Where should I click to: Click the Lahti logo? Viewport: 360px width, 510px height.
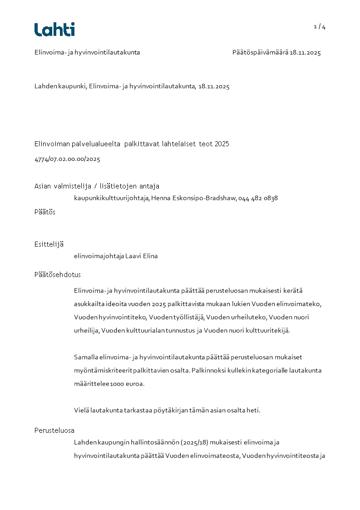[54, 30]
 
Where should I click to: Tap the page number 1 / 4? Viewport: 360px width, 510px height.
[320, 27]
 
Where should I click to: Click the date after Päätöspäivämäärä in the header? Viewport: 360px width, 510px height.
[305, 53]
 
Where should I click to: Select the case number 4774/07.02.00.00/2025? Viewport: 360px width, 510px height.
[67, 159]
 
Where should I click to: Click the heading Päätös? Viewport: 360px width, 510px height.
[45, 212]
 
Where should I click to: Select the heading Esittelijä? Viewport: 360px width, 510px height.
[49, 244]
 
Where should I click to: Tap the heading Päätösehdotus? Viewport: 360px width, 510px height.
[58, 275]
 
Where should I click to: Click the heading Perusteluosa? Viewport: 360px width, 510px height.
[54, 431]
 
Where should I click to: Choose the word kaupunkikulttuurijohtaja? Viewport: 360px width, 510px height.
[111, 198]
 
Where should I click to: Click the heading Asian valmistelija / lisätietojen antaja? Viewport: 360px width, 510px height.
[97, 186]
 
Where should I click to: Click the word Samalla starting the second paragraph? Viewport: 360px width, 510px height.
[86, 357]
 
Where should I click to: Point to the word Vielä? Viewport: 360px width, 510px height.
[81, 411]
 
